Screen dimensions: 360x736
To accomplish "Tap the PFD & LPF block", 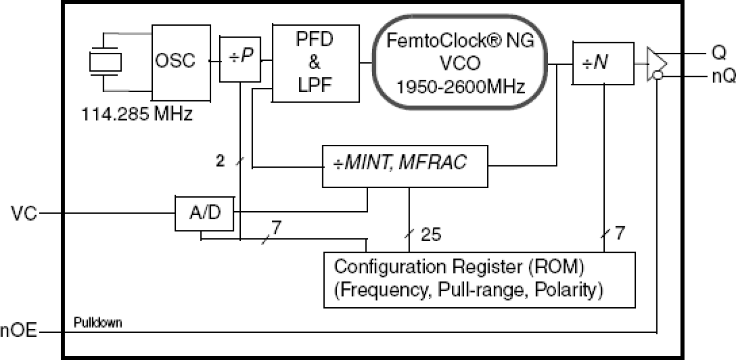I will pyautogui.click(x=316, y=63).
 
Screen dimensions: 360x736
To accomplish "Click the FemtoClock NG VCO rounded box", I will pyautogui.click(x=459, y=64).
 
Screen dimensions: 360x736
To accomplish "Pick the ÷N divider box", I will pyautogui.click(x=602, y=63).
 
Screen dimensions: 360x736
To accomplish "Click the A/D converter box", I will pyautogui.click(x=205, y=214).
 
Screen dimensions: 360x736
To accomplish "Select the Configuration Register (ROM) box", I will pyautogui.click(x=480, y=279).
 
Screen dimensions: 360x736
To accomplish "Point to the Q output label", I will pyautogui.click(x=718, y=52).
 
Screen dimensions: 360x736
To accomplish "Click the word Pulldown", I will pyautogui.click(x=98, y=322).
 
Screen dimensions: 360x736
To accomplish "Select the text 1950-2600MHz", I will pyautogui.click(x=459, y=86).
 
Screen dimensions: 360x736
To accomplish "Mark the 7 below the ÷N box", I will pyautogui.click(x=619, y=233).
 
